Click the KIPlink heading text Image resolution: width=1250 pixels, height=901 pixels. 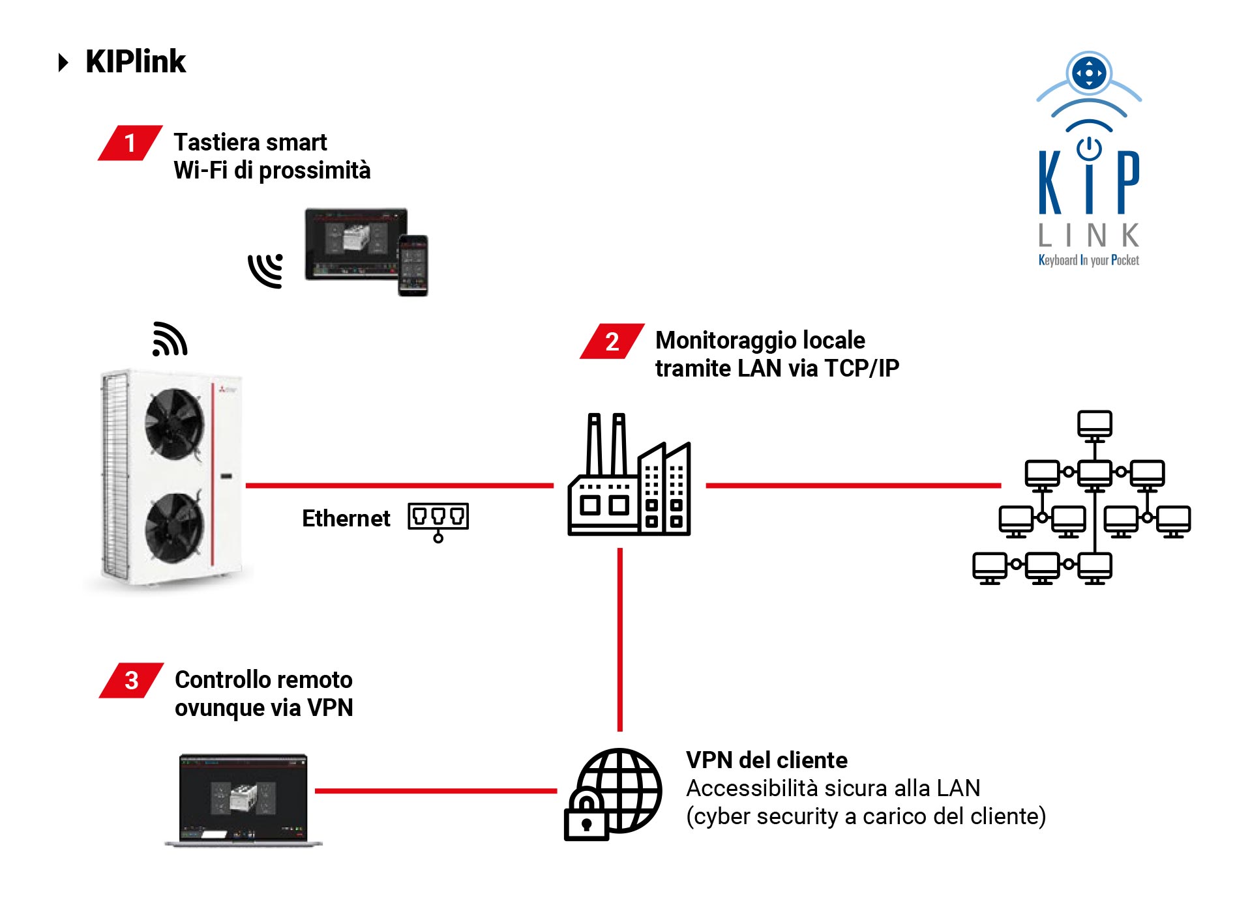(136, 62)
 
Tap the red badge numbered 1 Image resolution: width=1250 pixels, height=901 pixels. (130, 143)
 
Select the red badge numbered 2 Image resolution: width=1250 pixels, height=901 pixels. (612, 341)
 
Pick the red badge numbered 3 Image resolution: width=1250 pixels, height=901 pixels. (131, 680)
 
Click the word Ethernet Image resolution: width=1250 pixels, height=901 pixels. (346, 519)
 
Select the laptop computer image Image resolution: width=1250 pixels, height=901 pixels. (243, 799)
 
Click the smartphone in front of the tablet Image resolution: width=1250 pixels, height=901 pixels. (413, 265)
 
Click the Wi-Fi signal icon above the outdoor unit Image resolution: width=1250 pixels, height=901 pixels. (170, 339)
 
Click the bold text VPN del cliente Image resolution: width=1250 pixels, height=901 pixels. (766, 760)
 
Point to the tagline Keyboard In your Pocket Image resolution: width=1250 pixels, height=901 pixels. (1088, 261)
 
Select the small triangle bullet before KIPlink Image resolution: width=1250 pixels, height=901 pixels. (63, 63)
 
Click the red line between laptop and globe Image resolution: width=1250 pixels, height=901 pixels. (435, 791)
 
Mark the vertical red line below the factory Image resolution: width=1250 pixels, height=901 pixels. (619, 638)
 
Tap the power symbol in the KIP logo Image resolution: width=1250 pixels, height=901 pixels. (1089, 149)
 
